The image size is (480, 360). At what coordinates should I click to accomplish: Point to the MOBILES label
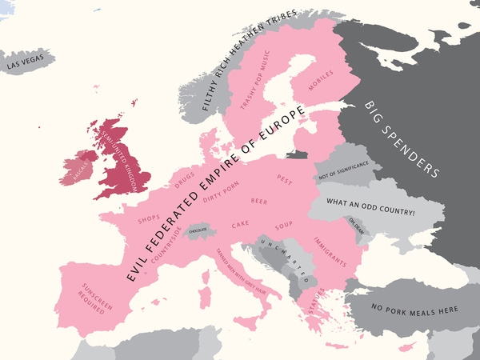319,78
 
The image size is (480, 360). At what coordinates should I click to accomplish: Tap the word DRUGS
184,175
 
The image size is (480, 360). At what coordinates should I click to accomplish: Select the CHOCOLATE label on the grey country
198,230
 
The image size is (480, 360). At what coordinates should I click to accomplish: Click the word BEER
259,201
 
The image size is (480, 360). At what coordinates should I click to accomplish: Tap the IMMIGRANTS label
329,251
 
